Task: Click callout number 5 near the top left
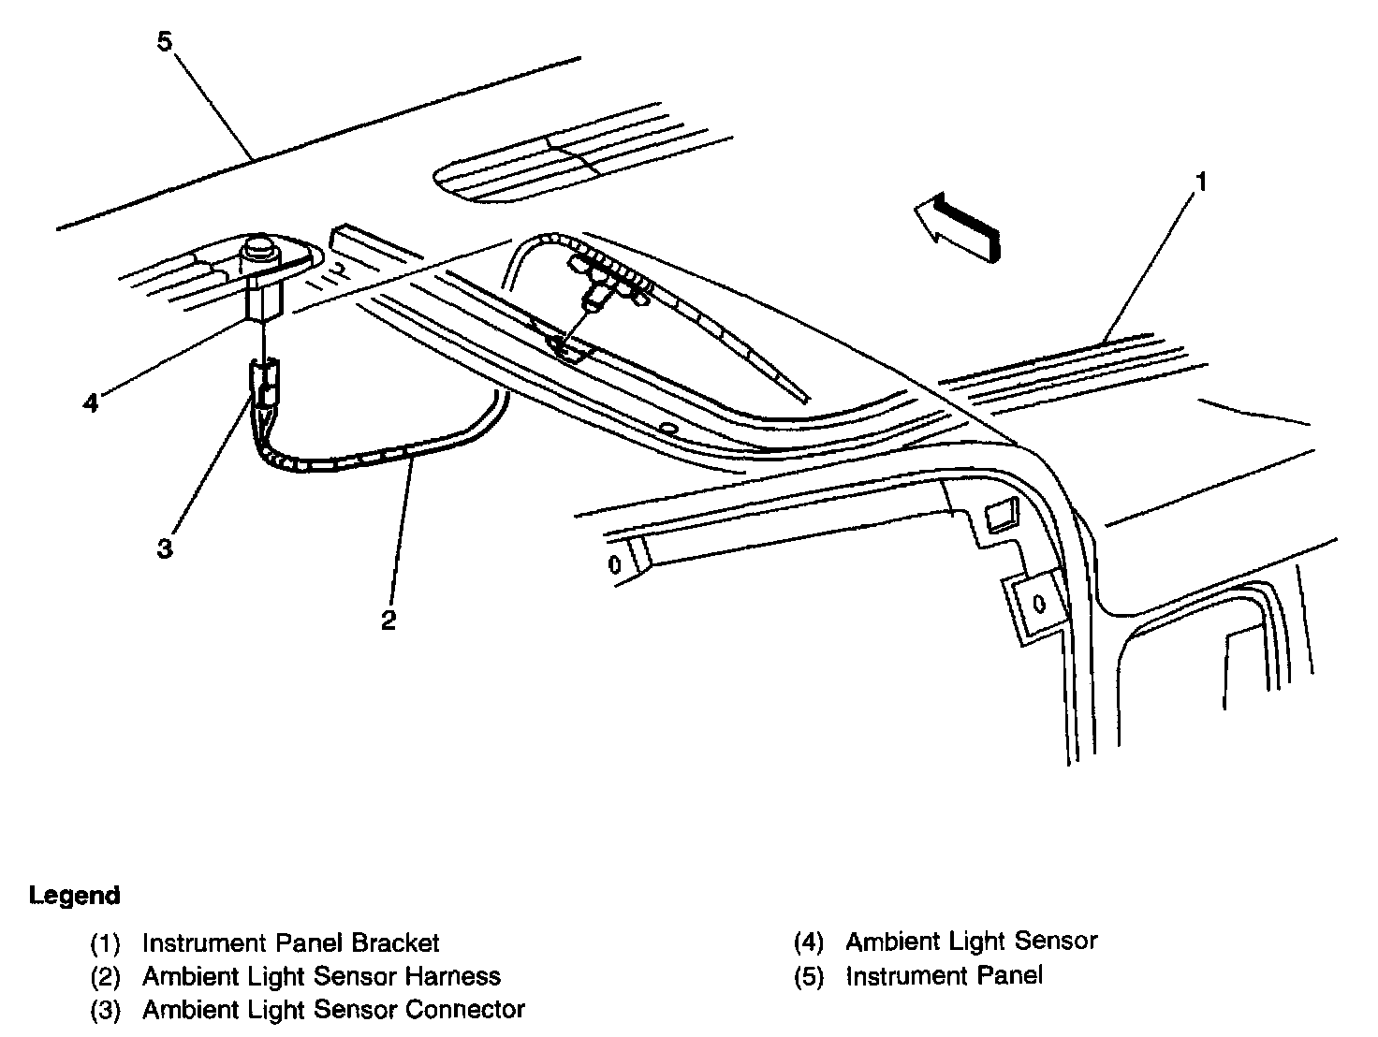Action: (165, 42)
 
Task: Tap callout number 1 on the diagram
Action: (1202, 181)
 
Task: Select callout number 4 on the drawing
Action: (90, 403)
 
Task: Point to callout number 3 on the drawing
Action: (165, 548)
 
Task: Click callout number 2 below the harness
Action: (388, 620)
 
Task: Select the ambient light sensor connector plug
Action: (264, 386)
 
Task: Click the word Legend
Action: (75, 895)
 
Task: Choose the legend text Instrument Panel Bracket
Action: (290, 942)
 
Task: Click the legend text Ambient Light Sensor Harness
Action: (321, 976)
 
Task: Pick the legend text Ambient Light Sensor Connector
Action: (333, 1010)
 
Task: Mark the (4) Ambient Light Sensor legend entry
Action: (970, 941)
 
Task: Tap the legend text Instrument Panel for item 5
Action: (944, 975)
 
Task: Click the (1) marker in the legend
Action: (105, 942)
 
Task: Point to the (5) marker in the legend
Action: (809, 976)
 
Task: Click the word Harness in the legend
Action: (453, 976)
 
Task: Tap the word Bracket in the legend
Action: (395, 942)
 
